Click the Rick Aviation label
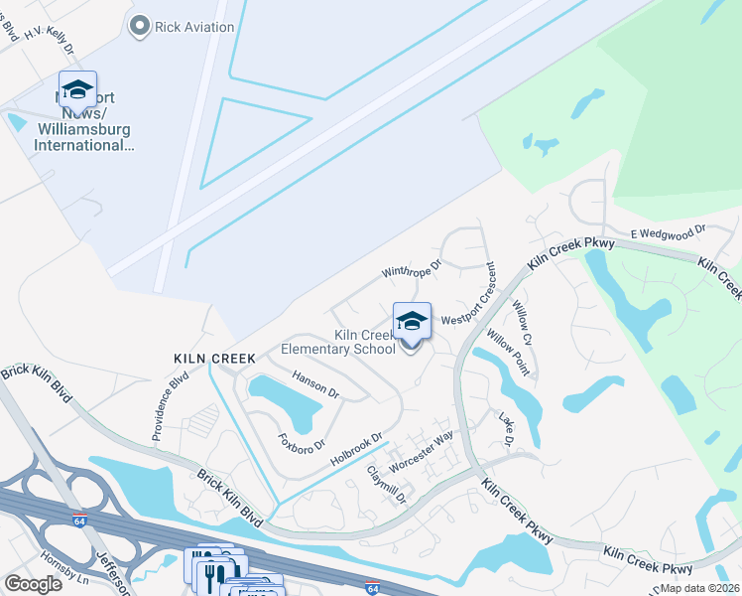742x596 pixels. coord(195,27)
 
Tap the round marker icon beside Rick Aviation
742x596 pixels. coord(139,26)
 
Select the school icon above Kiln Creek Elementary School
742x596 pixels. coord(412,321)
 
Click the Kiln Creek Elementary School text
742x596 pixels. coord(338,343)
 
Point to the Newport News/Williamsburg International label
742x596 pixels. coord(83,123)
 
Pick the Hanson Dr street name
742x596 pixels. coord(316,385)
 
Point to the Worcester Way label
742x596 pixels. coord(422,449)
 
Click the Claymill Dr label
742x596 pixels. coord(387,486)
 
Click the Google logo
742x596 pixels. coord(34,584)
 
